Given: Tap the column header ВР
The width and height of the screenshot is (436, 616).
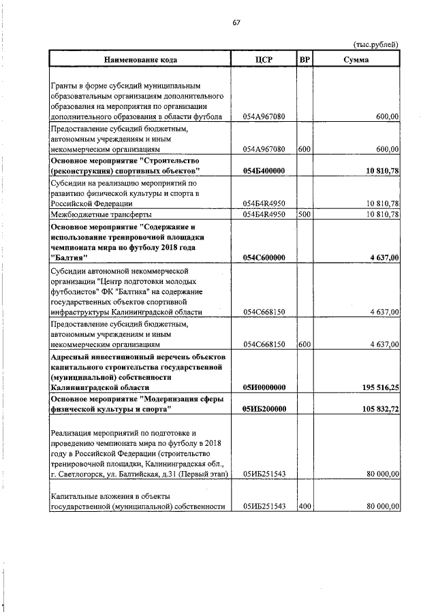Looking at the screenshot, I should [x=305, y=60].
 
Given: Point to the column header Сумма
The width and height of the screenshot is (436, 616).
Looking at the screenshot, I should [x=357, y=60].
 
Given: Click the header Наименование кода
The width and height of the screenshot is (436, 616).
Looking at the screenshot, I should [x=140, y=60].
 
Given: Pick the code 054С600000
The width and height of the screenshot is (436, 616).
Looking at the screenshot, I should [x=264, y=257].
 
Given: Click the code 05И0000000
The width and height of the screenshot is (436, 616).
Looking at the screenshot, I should [x=264, y=387].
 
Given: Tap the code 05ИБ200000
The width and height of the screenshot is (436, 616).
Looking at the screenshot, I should [x=264, y=409].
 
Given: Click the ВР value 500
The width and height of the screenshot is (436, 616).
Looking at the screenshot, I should [x=305, y=214].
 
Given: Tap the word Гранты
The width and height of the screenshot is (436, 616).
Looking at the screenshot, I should [x=65, y=86].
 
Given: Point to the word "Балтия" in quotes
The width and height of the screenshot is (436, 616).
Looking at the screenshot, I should [x=69, y=257].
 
